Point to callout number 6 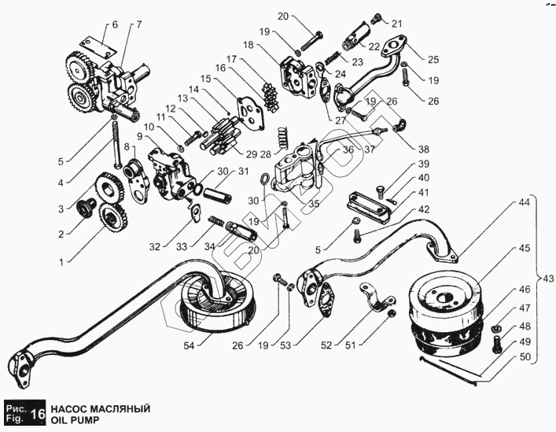[x=115, y=25]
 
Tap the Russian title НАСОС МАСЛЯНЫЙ [x=101, y=409]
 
